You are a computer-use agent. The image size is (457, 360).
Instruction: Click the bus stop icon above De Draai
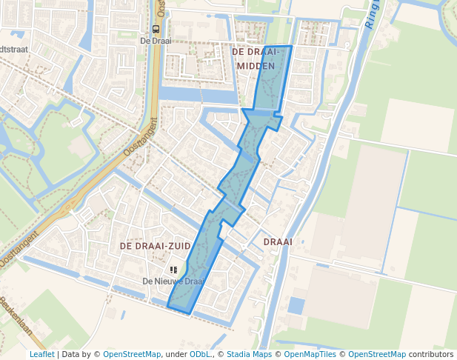click(x=156, y=30)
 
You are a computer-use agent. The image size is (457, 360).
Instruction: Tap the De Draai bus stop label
click(x=156, y=41)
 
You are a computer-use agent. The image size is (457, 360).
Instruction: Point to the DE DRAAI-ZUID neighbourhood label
click(x=154, y=245)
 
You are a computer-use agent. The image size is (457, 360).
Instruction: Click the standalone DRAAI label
click(x=278, y=241)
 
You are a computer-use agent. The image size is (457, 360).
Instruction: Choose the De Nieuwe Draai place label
click(x=173, y=281)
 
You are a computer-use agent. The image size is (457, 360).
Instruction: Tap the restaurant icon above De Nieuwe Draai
click(x=173, y=271)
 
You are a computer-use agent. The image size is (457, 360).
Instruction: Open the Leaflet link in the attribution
click(x=41, y=354)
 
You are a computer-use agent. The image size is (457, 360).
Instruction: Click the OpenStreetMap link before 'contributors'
click(x=377, y=354)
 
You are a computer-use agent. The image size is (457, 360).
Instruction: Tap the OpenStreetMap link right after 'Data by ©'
click(x=132, y=354)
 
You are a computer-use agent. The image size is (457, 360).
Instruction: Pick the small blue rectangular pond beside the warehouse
click(x=296, y=305)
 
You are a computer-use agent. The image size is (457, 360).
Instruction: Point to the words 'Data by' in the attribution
click(x=79, y=354)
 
